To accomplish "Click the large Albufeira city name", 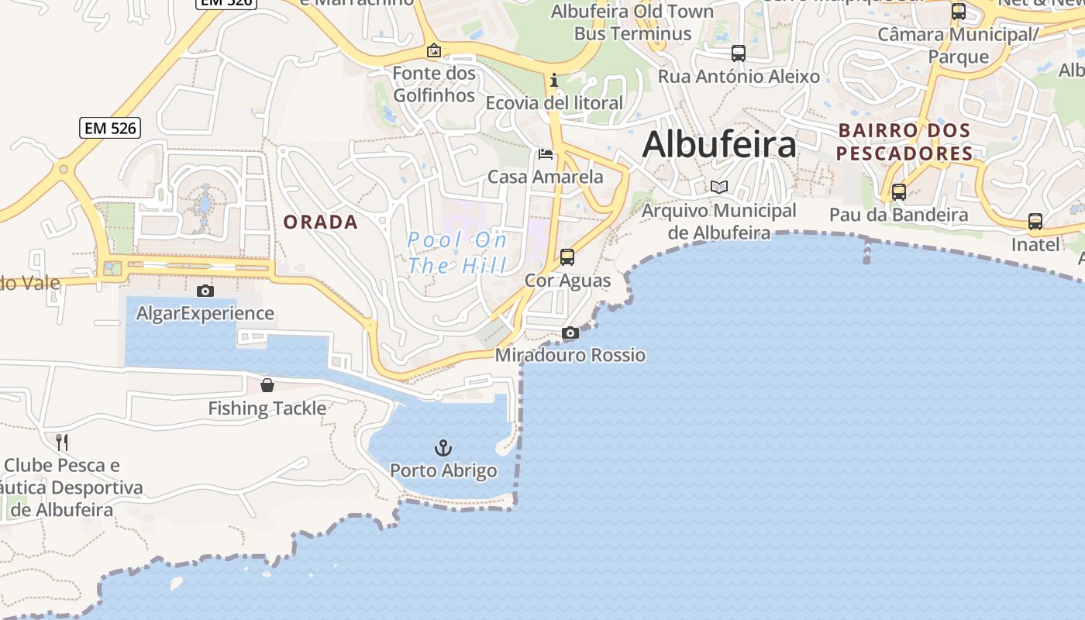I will coord(719,145).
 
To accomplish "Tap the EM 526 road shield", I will coord(110,128).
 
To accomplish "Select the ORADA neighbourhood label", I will coord(321,222).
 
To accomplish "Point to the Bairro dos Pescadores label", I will coord(904,142).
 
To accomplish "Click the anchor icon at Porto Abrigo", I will coord(443,448).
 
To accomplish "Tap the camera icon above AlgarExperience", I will coord(205,291).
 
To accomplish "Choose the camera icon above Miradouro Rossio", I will coord(570,333).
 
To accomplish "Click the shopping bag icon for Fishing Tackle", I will coord(267,385).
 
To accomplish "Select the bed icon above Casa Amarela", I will coord(546,154).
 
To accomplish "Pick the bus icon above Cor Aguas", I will coord(567,257).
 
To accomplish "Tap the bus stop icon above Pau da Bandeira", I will coord(899,191).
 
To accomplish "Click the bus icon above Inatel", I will coord(1035,222).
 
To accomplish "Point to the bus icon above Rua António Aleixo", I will coord(739,53).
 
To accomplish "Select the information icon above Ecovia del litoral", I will coord(553,80).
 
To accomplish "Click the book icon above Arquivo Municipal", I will coord(719,187).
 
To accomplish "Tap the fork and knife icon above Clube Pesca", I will coord(62,443).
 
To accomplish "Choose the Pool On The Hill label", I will coord(457,253).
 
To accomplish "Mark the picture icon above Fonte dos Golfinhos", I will coord(434,51).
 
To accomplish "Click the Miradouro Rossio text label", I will coord(570,355).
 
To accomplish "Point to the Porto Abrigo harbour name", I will coord(443,470).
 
